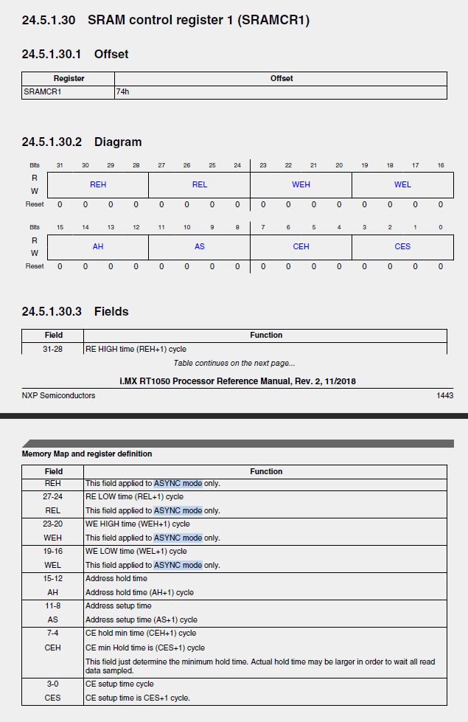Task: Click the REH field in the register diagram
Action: (x=98, y=184)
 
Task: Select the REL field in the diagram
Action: (x=199, y=184)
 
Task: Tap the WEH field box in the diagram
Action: (x=301, y=184)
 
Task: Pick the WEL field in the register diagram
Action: (x=402, y=184)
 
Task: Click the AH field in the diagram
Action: (x=98, y=246)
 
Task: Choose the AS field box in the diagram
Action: (x=199, y=246)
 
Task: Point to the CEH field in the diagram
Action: (x=301, y=246)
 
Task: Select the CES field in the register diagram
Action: (x=402, y=246)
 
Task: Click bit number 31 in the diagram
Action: (x=60, y=165)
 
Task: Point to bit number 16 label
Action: (x=440, y=165)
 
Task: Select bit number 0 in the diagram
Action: (x=440, y=227)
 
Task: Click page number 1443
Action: (x=444, y=396)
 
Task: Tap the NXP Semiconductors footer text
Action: (x=58, y=396)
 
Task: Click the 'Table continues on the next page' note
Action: (x=234, y=363)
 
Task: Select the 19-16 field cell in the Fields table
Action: (x=53, y=552)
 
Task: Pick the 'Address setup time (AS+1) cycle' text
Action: (x=142, y=619)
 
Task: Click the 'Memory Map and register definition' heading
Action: (x=87, y=454)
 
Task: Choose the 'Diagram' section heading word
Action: (x=118, y=142)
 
